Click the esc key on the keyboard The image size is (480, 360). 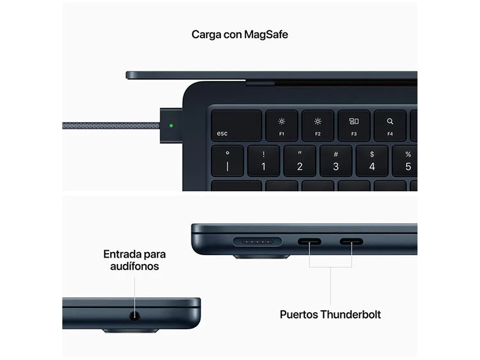click(236, 125)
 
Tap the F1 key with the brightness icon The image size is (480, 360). click(282, 125)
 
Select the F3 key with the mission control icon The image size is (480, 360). click(354, 125)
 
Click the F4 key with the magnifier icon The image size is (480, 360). click(390, 125)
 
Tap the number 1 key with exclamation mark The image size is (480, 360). click(264, 161)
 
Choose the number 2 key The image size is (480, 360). click(300, 161)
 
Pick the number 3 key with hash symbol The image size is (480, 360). click(336, 161)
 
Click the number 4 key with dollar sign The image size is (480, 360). click(372, 161)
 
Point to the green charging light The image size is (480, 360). click(171, 125)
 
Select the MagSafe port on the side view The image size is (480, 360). click(257, 242)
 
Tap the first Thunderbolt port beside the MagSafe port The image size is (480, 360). click(309, 242)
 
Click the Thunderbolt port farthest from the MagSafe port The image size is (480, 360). click(352, 242)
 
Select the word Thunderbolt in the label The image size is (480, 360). click(350, 315)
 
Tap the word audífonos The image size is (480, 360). click(134, 266)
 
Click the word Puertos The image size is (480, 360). click(299, 315)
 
